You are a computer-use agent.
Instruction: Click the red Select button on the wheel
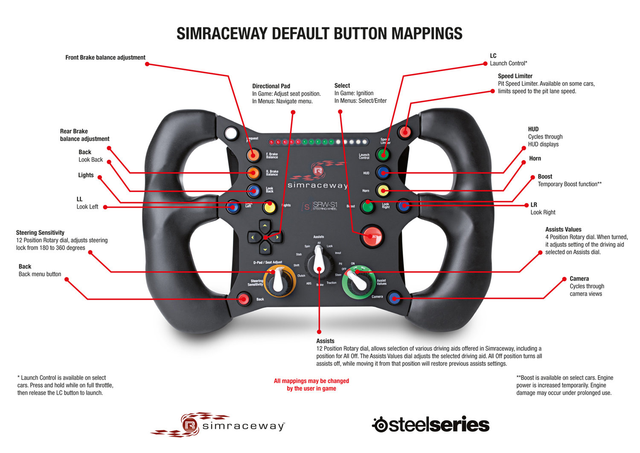click(372, 236)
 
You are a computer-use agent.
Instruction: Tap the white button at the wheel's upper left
click(231, 133)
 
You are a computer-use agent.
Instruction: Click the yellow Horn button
click(383, 190)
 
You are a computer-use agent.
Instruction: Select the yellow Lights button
click(269, 207)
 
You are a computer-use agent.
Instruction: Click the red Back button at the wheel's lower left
click(244, 299)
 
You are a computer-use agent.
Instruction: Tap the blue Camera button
click(395, 298)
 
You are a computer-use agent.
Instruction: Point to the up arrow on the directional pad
click(265, 225)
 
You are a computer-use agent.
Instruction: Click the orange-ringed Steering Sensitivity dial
click(279, 280)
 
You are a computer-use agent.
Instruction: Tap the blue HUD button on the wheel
click(383, 173)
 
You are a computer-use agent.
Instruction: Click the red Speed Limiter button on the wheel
click(404, 132)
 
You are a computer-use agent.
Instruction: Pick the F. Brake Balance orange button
click(253, 155)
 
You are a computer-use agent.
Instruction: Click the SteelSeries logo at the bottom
click(431, 424)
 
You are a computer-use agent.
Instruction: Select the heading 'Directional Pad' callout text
click(271, 86)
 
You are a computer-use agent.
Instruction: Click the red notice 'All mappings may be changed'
click(311, 381)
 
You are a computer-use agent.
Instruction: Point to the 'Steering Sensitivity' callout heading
click(40, 232)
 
